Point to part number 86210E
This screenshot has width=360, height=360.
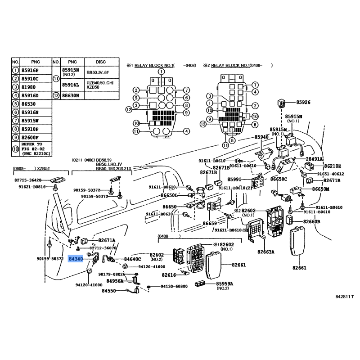click(333, 166)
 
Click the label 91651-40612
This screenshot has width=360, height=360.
click(330, 174)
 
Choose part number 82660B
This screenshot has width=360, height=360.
click(311, 222)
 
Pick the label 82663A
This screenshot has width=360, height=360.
click(265, 252)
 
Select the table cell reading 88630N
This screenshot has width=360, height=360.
click(70, 95)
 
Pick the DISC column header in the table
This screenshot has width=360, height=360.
click(101, 61)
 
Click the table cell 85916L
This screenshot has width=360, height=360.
click(70, 85)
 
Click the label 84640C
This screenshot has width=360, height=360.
click(132, 259)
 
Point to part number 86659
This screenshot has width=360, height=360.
click(210, 223)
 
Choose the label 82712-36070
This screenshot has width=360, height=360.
click(103, 248)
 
